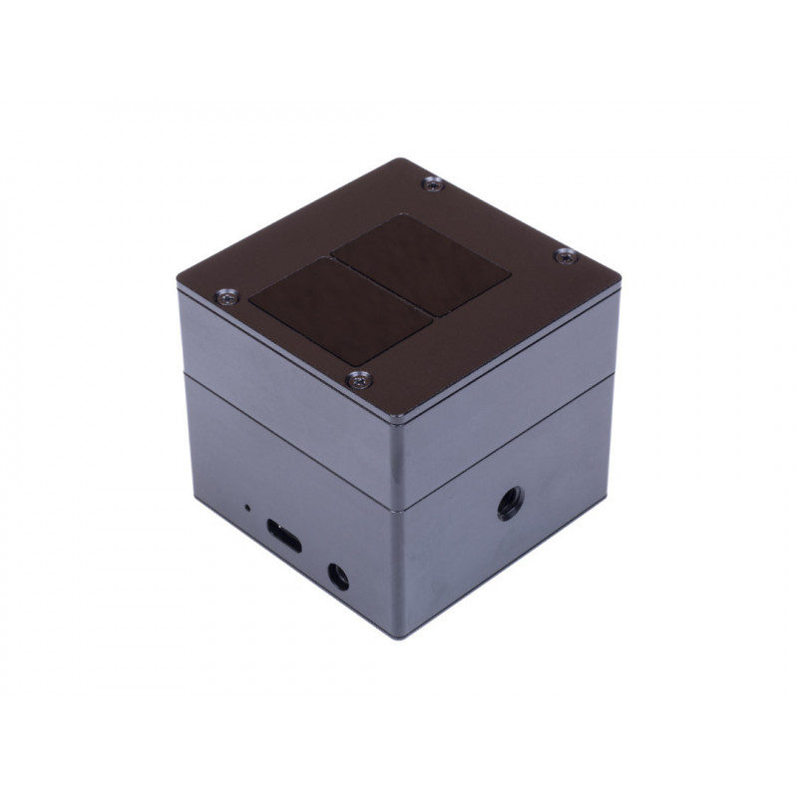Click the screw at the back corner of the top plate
[x=431, y=183]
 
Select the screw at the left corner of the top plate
[x=224, y=296]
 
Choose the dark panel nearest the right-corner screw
[x=422, y=261]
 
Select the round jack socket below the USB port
[x=337, y=576]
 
